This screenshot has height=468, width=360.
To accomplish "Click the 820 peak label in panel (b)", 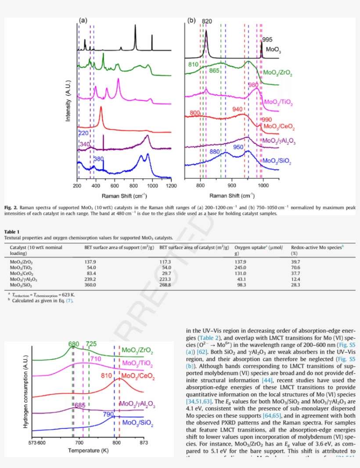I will point(207,21).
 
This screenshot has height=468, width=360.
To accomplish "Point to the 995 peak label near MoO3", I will point(267,40).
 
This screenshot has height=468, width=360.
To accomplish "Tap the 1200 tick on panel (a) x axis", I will point(171,186).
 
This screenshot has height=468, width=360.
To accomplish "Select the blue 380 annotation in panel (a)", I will point(99,159).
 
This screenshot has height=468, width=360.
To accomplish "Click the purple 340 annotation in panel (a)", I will point(85,144).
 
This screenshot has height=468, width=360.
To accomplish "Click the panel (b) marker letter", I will point(191,20).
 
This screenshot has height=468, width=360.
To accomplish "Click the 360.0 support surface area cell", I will point(90,285).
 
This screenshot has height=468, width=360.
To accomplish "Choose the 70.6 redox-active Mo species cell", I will point(295,267).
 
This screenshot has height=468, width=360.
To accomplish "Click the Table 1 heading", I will point(12,232).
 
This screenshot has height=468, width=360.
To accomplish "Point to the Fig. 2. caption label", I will point(11,207).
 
